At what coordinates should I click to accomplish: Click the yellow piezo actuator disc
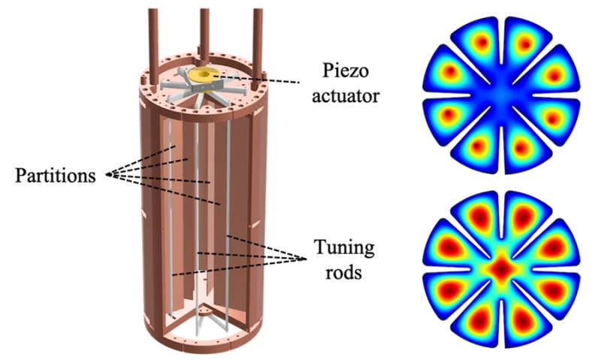coord(201,74)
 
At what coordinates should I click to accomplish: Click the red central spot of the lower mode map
coord(500,268)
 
